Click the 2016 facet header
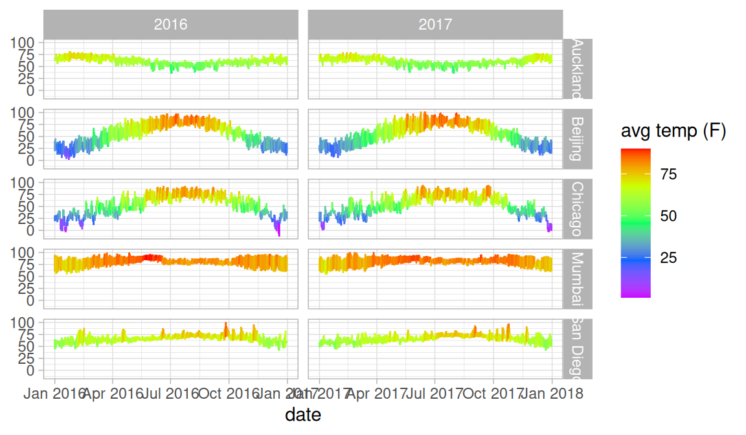[170, 25]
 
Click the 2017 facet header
[435, 25]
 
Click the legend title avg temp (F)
[673, 131]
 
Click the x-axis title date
[302, 415]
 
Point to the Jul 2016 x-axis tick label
[170, 393]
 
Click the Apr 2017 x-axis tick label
[376, 393]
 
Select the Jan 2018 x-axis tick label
[552, 393]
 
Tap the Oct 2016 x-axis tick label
[229, 393]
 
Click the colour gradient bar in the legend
[635, 223]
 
